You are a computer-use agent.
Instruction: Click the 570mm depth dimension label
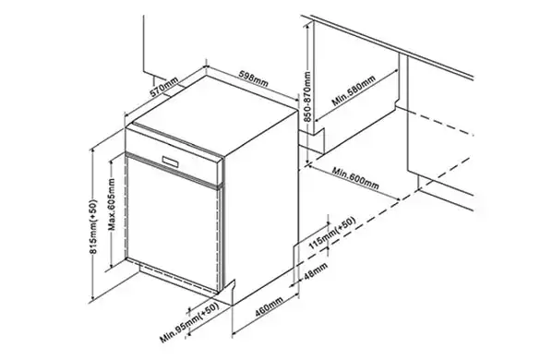(163, 88)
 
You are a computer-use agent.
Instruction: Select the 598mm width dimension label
(254, 78)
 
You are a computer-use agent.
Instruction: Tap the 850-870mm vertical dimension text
(307, 97)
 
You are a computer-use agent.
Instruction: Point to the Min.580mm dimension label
(354, 91)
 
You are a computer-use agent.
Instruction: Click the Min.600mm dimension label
(355, 178)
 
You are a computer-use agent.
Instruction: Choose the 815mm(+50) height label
(93, 227)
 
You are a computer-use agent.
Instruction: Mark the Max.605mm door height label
(112, 205)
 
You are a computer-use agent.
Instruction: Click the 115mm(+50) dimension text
(331, 234)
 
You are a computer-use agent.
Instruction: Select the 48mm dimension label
(316, 271)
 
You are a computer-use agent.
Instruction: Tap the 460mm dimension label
(269, 306)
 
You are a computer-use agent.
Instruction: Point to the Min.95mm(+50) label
(190, 323)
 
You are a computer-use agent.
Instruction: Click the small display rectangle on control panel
(171, 161)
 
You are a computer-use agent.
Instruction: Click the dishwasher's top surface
(215, 114)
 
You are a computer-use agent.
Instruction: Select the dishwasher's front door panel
(174, 224)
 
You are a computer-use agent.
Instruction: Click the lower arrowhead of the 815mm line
(92, 298)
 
